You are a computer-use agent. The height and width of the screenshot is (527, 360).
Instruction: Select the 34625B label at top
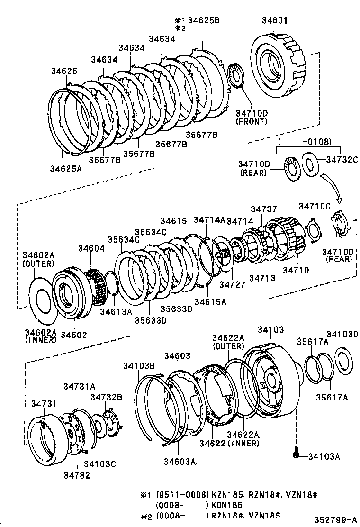pyautogui.click(x=206, y=21)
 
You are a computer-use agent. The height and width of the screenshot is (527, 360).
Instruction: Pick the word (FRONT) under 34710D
pyautogui.click(x=251, y=122)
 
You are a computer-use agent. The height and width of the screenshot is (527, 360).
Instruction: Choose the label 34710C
pyautogui.click(x=315, y=206)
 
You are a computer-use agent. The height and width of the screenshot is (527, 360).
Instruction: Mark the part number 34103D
pyautogui.click(x=342, y=335)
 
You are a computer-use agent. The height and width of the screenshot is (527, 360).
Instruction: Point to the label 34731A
pyautogui.click(x=80, y=386)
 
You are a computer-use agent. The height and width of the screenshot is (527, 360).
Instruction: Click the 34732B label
pyautogui.click(x=107, y=397)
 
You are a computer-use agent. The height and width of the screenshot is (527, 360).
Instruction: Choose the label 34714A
pyautogui.click(x=209, y=220)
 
